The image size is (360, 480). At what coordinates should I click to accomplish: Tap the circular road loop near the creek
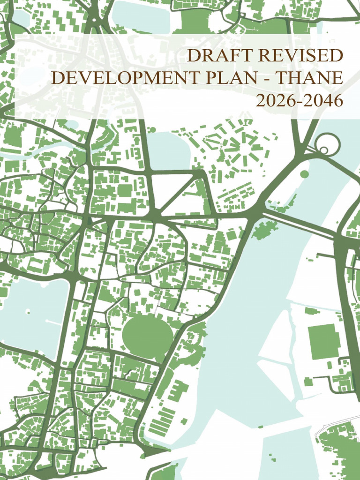[327, 143]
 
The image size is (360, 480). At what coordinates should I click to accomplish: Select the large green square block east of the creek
[323, 341]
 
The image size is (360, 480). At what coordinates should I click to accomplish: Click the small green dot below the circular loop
[304, 174]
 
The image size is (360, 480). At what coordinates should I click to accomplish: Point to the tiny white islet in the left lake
[28, 311]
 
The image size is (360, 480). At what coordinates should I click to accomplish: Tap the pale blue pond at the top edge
[141, 14]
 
